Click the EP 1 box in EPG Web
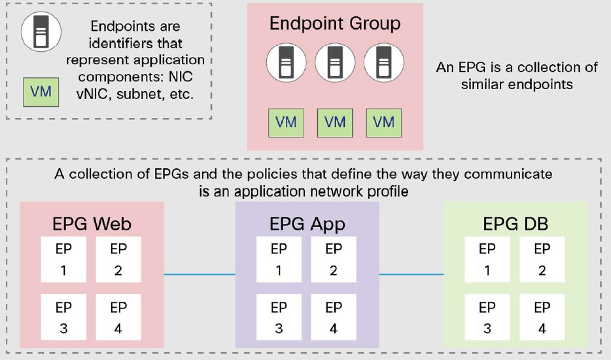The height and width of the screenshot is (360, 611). point(63,259)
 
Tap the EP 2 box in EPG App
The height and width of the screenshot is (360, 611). point(334,259)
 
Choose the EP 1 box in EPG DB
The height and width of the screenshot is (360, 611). point(487,259)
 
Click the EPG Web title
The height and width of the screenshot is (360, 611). point(92,224)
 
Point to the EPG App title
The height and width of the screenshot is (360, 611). point(307,224)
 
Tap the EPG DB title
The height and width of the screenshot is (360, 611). point(515,224)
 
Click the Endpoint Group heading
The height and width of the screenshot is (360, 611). point(335,24)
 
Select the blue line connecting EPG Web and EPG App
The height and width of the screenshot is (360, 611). point(199,274)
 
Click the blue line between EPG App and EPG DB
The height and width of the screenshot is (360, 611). point(411,274)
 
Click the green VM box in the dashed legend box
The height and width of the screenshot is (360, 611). point(40,91)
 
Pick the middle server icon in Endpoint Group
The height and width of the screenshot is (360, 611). point(334,64)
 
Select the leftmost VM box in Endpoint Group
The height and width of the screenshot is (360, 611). point(286,122)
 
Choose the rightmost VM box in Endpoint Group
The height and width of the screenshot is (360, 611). point(384,122)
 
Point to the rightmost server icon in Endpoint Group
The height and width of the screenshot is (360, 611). point(383,64)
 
